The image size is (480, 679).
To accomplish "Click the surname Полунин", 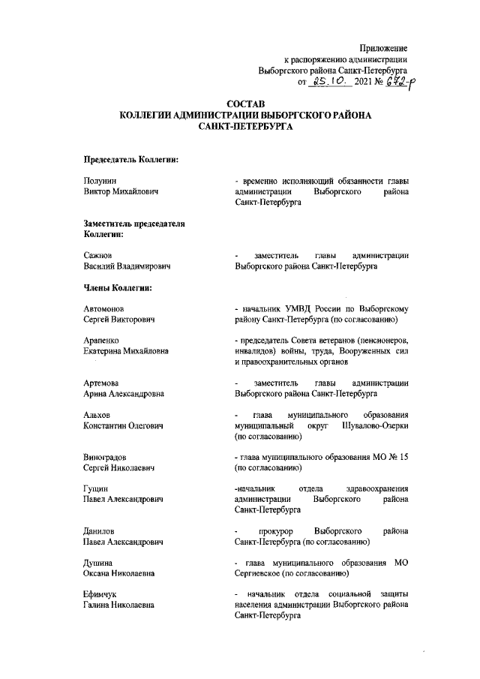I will [x=100, y=181].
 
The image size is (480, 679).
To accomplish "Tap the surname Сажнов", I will [x=98, y=255].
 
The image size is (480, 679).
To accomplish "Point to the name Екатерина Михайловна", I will [x=126, y=351].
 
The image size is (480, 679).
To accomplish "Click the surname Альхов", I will [x=97, y=415].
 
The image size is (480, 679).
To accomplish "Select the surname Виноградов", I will [x=109, y=457].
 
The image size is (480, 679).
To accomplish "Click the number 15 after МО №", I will [x=405, y=457].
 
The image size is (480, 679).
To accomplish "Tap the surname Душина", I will [x=98, y=563].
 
